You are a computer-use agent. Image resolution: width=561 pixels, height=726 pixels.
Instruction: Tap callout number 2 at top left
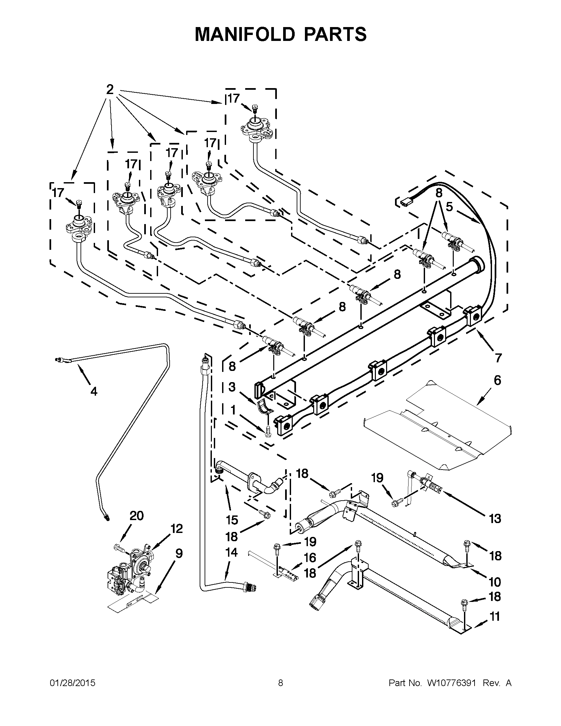click(x=110, y=89)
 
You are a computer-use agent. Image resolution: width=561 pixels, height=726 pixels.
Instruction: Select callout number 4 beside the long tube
click(x=94, y=392)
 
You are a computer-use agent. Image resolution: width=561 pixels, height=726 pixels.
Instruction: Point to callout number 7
click(x=498, y=358)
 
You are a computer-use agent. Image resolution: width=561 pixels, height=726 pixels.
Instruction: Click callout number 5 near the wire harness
click(x=449, y=207)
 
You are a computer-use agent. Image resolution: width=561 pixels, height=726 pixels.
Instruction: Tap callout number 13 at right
click(x=495, y=518)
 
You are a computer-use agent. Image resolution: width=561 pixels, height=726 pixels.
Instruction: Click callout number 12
click(x=177, y=529)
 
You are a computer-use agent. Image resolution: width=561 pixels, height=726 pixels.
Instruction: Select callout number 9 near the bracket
click(x=179, y=553)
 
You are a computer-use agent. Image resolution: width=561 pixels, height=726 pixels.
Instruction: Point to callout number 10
click(x=495, y=582)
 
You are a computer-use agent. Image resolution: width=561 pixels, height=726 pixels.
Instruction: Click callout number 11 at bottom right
click(x=495, y=617)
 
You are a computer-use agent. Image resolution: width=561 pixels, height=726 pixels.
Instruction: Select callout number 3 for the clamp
click(x=232, y=387)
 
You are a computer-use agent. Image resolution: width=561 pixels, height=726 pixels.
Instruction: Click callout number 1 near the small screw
click(x=233, y=411)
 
